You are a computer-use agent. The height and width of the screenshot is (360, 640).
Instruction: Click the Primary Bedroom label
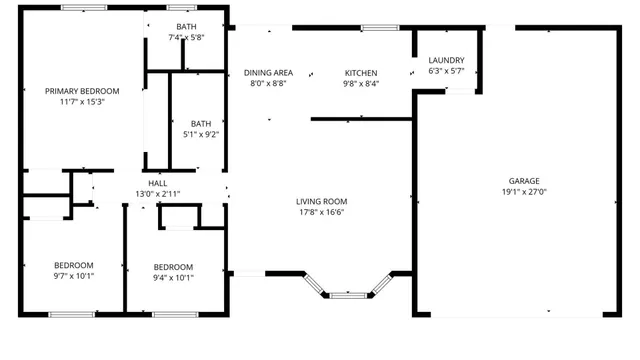point(75,91)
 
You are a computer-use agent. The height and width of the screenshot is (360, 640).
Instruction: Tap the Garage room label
point(524,181)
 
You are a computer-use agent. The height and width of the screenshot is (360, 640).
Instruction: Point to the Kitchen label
point(361,73)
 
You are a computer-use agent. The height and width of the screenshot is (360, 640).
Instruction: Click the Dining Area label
point(269,73)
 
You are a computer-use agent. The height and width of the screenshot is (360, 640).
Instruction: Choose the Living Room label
point(321,201)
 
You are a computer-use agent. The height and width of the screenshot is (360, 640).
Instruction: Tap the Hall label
point(158,183)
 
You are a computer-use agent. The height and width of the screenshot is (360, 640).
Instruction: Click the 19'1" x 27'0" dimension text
point(524,192)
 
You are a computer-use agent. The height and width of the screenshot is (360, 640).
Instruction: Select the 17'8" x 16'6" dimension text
point(321,212)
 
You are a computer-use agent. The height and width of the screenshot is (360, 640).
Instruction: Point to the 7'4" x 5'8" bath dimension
point(186,37)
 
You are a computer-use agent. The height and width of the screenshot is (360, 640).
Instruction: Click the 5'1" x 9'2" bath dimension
point(201,134)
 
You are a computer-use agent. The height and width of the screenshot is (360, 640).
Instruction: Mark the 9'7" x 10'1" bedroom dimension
point(73,277)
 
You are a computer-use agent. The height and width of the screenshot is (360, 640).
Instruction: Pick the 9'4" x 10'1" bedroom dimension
point(173,277)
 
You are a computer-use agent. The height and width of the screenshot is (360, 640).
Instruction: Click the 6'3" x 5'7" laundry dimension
point(447,71)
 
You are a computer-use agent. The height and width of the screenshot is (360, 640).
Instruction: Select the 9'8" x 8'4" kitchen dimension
point(361,84)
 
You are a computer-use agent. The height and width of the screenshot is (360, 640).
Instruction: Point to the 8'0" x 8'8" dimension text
point(268,84)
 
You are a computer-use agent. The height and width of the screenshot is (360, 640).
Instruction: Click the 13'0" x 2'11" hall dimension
point(158,194)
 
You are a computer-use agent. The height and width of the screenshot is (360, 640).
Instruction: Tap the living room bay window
point(349,295)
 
